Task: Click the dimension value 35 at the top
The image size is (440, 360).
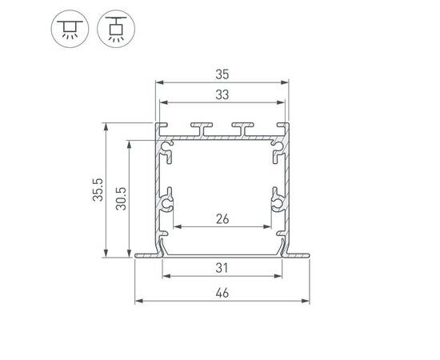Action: coord(222,74)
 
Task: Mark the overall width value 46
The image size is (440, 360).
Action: coord(222,294)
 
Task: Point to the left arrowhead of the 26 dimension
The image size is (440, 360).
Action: coord(176,226)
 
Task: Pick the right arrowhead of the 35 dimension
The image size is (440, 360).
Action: coord(284,82)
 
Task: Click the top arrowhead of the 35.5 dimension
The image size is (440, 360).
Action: coord(105,126)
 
